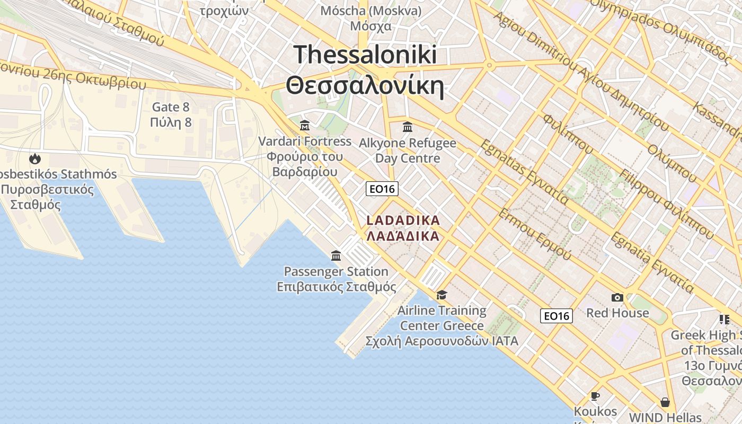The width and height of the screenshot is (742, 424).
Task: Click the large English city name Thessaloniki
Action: click(x=365, y=55)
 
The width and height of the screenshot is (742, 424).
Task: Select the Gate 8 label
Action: click(x=170, y=107)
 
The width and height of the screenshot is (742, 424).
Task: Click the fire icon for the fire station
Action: click(x=35, y=158)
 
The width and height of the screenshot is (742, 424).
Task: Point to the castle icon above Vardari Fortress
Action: click(x=305, y=126)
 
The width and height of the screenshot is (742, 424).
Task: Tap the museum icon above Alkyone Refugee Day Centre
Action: click(x=408, y=127)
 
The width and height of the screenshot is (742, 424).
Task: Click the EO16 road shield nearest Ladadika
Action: click(x=382, y=189)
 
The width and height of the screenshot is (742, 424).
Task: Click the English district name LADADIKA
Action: click(x=403, y=220)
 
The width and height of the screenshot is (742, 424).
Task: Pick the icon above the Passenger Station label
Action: click(x=336, y=256)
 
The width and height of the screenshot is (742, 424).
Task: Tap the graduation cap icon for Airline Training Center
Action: click(x=442, y=295)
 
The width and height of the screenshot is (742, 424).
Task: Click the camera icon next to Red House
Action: click(x=617, y=297)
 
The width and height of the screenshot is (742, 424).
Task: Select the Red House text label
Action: click(x=617, y=313)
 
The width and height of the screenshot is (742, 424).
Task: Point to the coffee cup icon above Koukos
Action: click(x=595, y=396)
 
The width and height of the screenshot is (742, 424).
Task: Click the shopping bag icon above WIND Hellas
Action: click(x=665, y=402)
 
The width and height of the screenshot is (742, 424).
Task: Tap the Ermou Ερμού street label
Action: click(x=534, y=234)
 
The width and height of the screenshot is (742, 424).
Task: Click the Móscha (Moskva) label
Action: click(x=371, y=11)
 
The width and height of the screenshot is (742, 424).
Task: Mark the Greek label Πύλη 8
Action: click(x=170, y=123)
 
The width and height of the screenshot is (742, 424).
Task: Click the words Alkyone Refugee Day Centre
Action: click(x=408, y=151)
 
